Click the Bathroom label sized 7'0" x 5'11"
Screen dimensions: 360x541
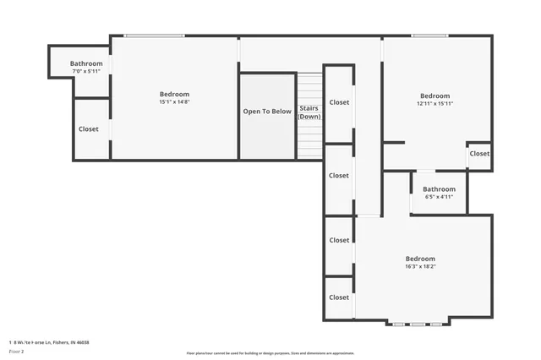(x=86, y=64)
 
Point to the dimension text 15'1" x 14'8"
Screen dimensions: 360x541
(x=174, y=102)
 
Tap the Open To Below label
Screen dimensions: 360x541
(x=267, y=112)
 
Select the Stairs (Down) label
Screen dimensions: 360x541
(x=309, y=112)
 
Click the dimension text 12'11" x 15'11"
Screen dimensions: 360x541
(x=435, y=104)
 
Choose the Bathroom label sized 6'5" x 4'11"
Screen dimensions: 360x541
(x=439, y=189)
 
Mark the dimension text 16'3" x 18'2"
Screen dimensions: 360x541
(x=420, y=266)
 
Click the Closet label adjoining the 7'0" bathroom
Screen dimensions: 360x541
(x=89, y=129)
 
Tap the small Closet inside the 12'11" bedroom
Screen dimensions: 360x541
(x=479, y=154)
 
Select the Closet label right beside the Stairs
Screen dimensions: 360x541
(x=339, y=102)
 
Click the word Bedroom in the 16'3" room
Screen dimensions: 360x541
(x=420, y=259)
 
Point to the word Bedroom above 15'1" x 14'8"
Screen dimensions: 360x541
(x=174, y=94)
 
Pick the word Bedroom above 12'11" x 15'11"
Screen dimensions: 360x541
(x=435, y=96)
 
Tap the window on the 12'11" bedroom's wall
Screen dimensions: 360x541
(x=429, y=35)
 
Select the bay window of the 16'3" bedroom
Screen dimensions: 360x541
(x=414, y=323)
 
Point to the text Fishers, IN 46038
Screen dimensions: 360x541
(x=70, y=342)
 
